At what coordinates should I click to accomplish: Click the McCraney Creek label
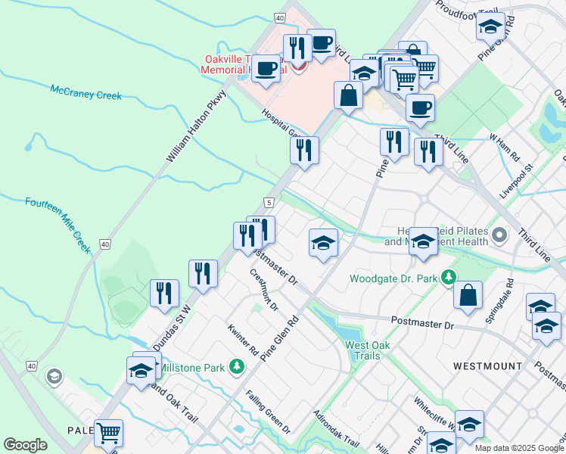click(86, 93)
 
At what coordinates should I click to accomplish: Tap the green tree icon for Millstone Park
click(238, 367)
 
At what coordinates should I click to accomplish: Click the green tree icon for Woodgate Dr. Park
click(449, 278)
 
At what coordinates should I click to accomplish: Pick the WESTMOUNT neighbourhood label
click(487, 366)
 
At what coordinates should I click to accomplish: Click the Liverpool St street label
click(517, 182)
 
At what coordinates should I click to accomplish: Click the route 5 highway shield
click(269, 202)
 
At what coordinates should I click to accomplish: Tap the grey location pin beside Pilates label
click(499, 236)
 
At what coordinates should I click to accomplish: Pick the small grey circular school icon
click(53, 376)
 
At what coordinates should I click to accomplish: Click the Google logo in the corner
click(25, 444)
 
